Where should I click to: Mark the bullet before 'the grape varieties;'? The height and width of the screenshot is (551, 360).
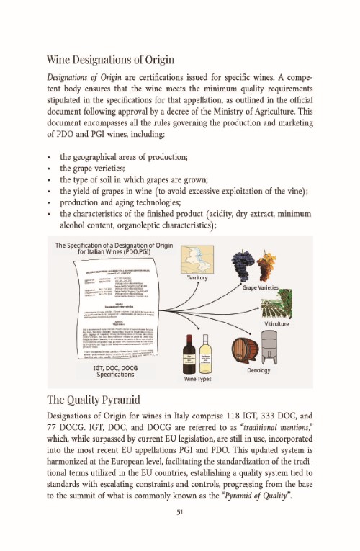[48, 168]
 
